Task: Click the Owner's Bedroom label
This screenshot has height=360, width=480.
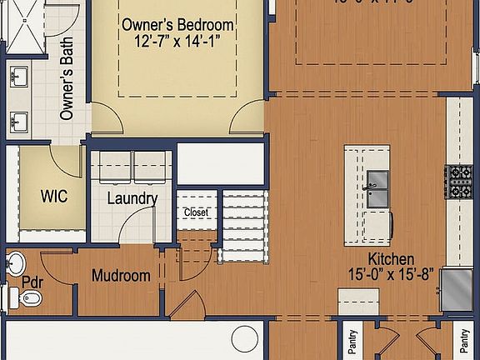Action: [x=178, y=26]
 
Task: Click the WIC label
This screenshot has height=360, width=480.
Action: [x=54, y=197]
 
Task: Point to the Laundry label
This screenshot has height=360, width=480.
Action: [x=132, y=198]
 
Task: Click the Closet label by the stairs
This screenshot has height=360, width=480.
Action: [x=196, y=212]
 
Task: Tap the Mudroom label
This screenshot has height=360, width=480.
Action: [x=121, y=276]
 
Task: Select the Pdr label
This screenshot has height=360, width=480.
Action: [x=32, y=282]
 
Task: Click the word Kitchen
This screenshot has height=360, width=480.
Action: [x=392, y=258]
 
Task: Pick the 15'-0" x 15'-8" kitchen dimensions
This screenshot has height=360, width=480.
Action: [x=392, y=273]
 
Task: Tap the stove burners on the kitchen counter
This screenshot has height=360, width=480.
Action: [x=458, y=181]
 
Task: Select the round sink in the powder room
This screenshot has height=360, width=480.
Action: [x=16, y=263]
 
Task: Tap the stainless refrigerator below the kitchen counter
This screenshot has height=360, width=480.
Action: [x=456, y=289]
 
